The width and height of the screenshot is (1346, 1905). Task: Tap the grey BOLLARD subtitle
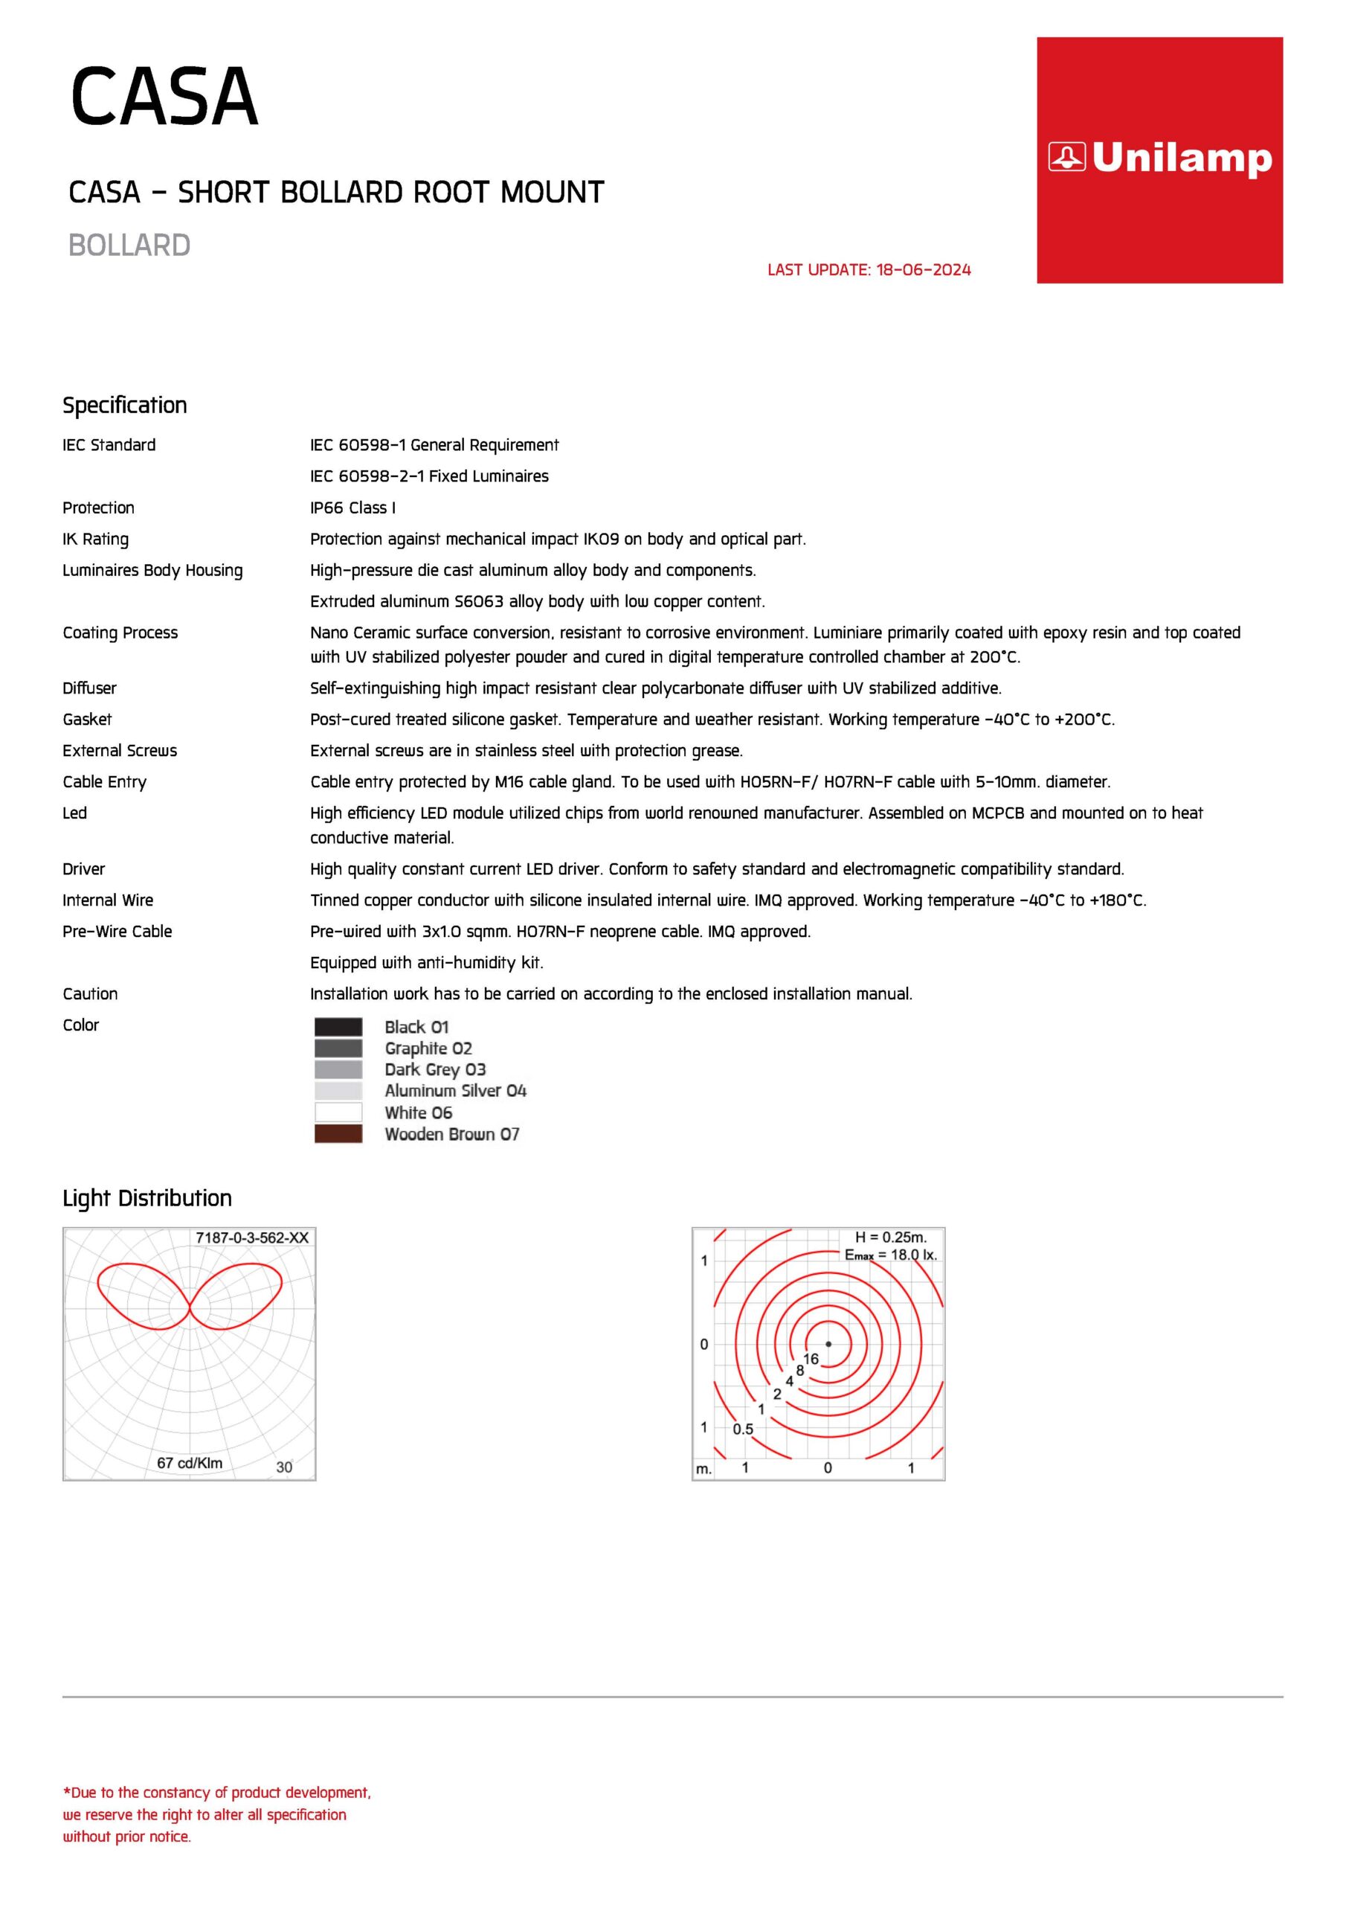coord(129,246)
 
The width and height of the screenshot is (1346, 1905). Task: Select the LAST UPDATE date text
coord(869,269)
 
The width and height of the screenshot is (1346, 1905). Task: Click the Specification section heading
coord(125,405)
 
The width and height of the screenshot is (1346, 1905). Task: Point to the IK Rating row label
coord(95,540)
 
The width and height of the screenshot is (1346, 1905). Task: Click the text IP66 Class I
coord(352,508)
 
